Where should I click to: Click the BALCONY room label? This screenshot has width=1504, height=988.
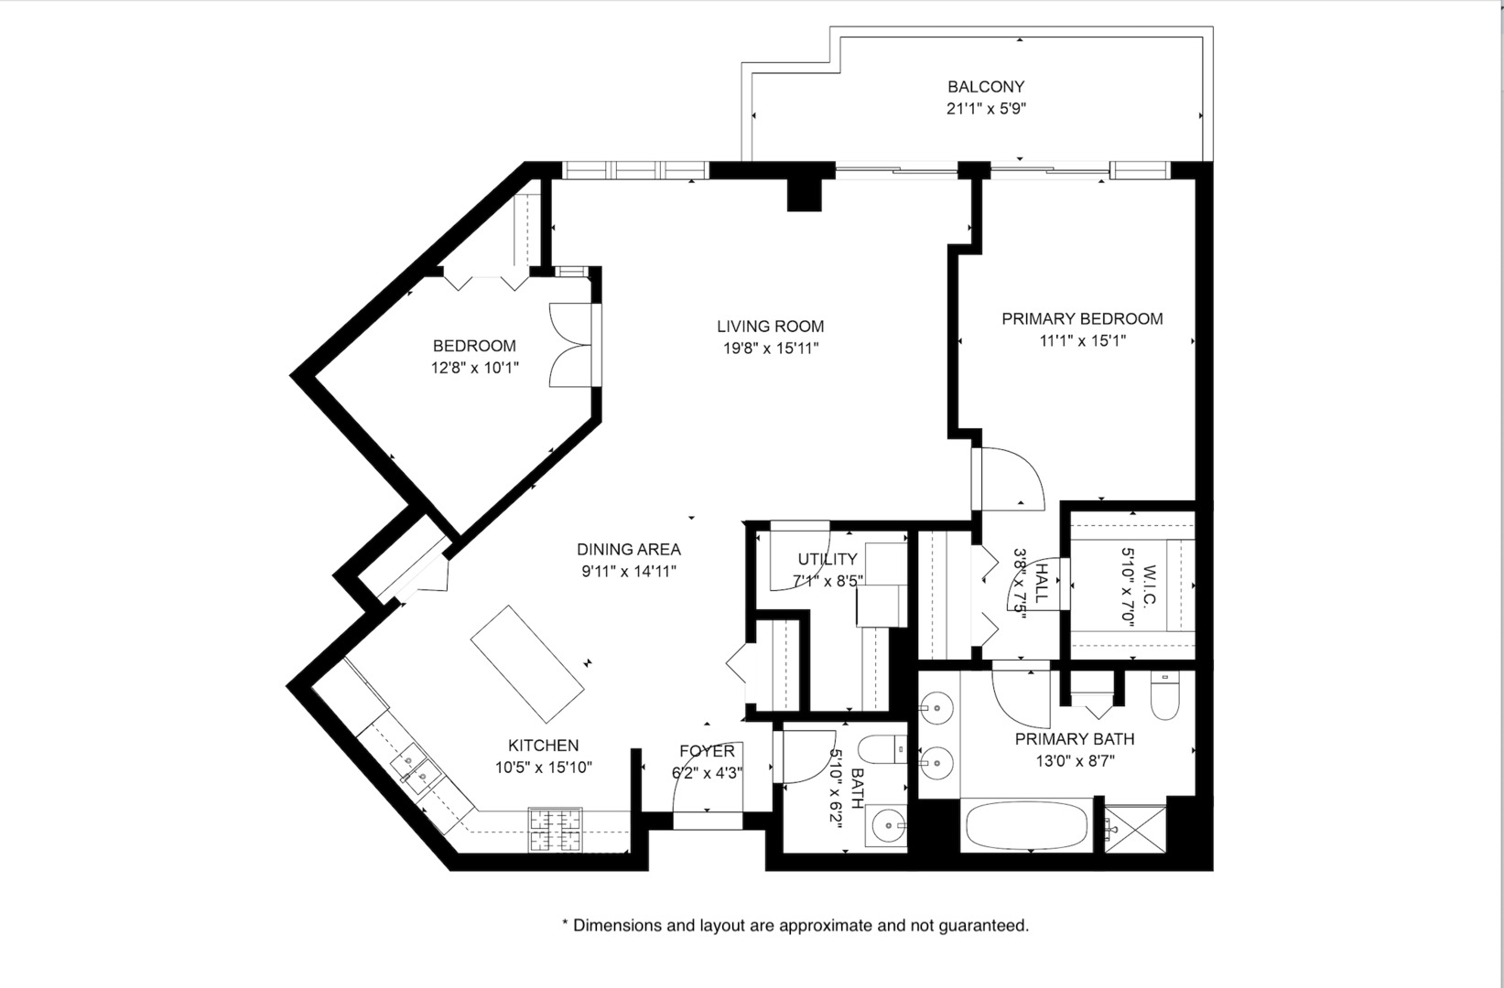pyautogui.click(x=985, y=87)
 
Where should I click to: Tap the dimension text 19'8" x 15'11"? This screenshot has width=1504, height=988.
pyautogui.click(x=770, y=349)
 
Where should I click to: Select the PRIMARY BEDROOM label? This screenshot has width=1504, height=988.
pyautogui.click(x=1081, y=319)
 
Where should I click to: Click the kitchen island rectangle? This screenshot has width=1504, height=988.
pyautogui.click(x=527, y=663)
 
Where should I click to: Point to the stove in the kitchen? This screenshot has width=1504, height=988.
pyautogui.click(x=556, y=830)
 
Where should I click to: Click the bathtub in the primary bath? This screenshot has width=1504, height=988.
pyautogui.click(x=1026, y=826)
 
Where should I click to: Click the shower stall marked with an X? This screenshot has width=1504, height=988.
pyautogui.click(x=1135, y=829)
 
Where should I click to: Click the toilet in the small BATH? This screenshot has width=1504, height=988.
pyautogui.click(x=883, y=751)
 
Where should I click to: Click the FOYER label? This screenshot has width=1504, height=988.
pyautogui.click(x=707, y=751)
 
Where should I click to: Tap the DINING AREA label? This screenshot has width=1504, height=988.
pyautogui.click(x=628, y=550)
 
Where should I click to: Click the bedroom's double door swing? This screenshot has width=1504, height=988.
pyautogui.click(x=569, y=346)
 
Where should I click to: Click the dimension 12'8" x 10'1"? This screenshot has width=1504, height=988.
pyautogui.click(x=475, y=369)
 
